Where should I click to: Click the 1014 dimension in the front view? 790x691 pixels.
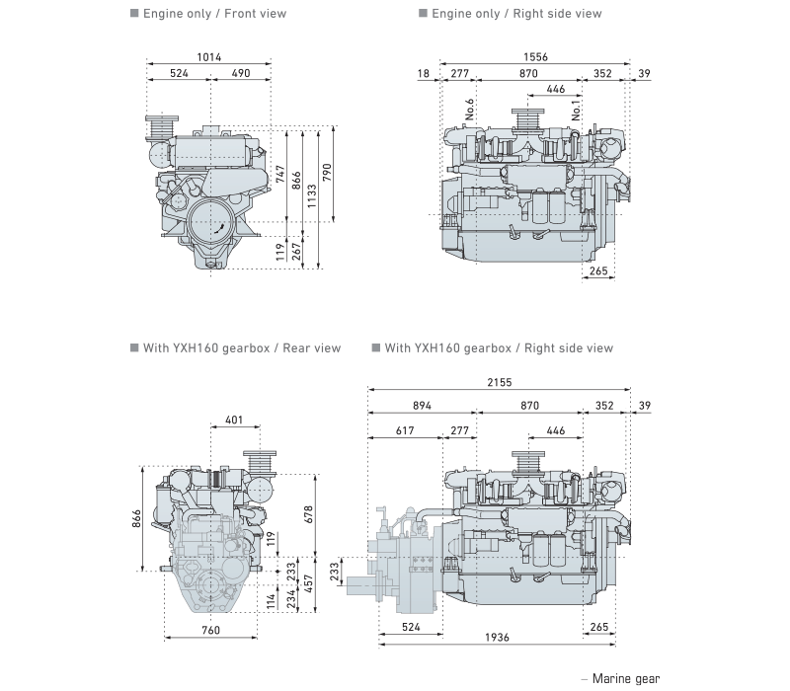pyautogui.click(x=208, y=57)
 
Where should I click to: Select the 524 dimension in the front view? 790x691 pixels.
pyautogui.click(x=179, y=74)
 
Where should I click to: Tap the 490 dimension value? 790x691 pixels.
pyautogui.click(x=241, y=74)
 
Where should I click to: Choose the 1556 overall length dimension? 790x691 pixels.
pyautogui.click(x=536, y=57)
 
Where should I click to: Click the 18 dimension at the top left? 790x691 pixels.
pyautogui.click(x=424, y=74)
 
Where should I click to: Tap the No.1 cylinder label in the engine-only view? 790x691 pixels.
pyautogui.click(x=577, y=110)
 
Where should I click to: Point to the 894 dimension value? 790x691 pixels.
pyautogui.click(x=422, y=406)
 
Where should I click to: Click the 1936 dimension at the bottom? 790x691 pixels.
pyautogui.click(x=498, y=639)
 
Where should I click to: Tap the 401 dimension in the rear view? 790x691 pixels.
pyautogui.click(x=234, y=420)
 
